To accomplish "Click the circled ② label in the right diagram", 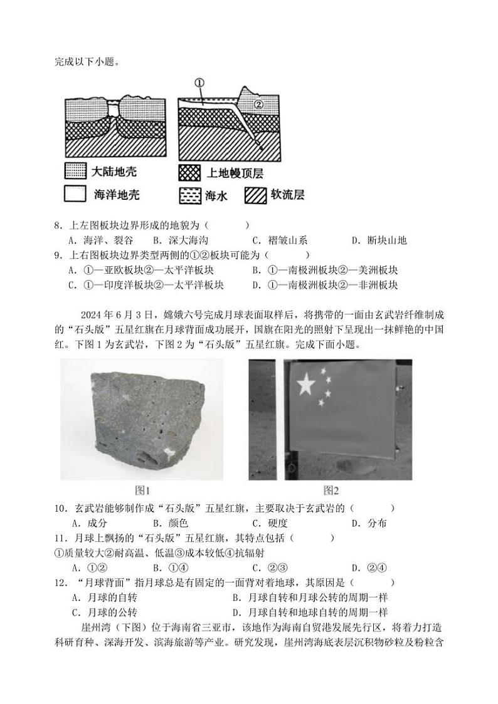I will [259, 104].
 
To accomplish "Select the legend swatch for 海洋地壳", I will [75, 195].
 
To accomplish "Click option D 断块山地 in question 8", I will [379, 240].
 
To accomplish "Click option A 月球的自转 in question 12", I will [105, 598].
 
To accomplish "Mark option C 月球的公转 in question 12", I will [105, 612].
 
